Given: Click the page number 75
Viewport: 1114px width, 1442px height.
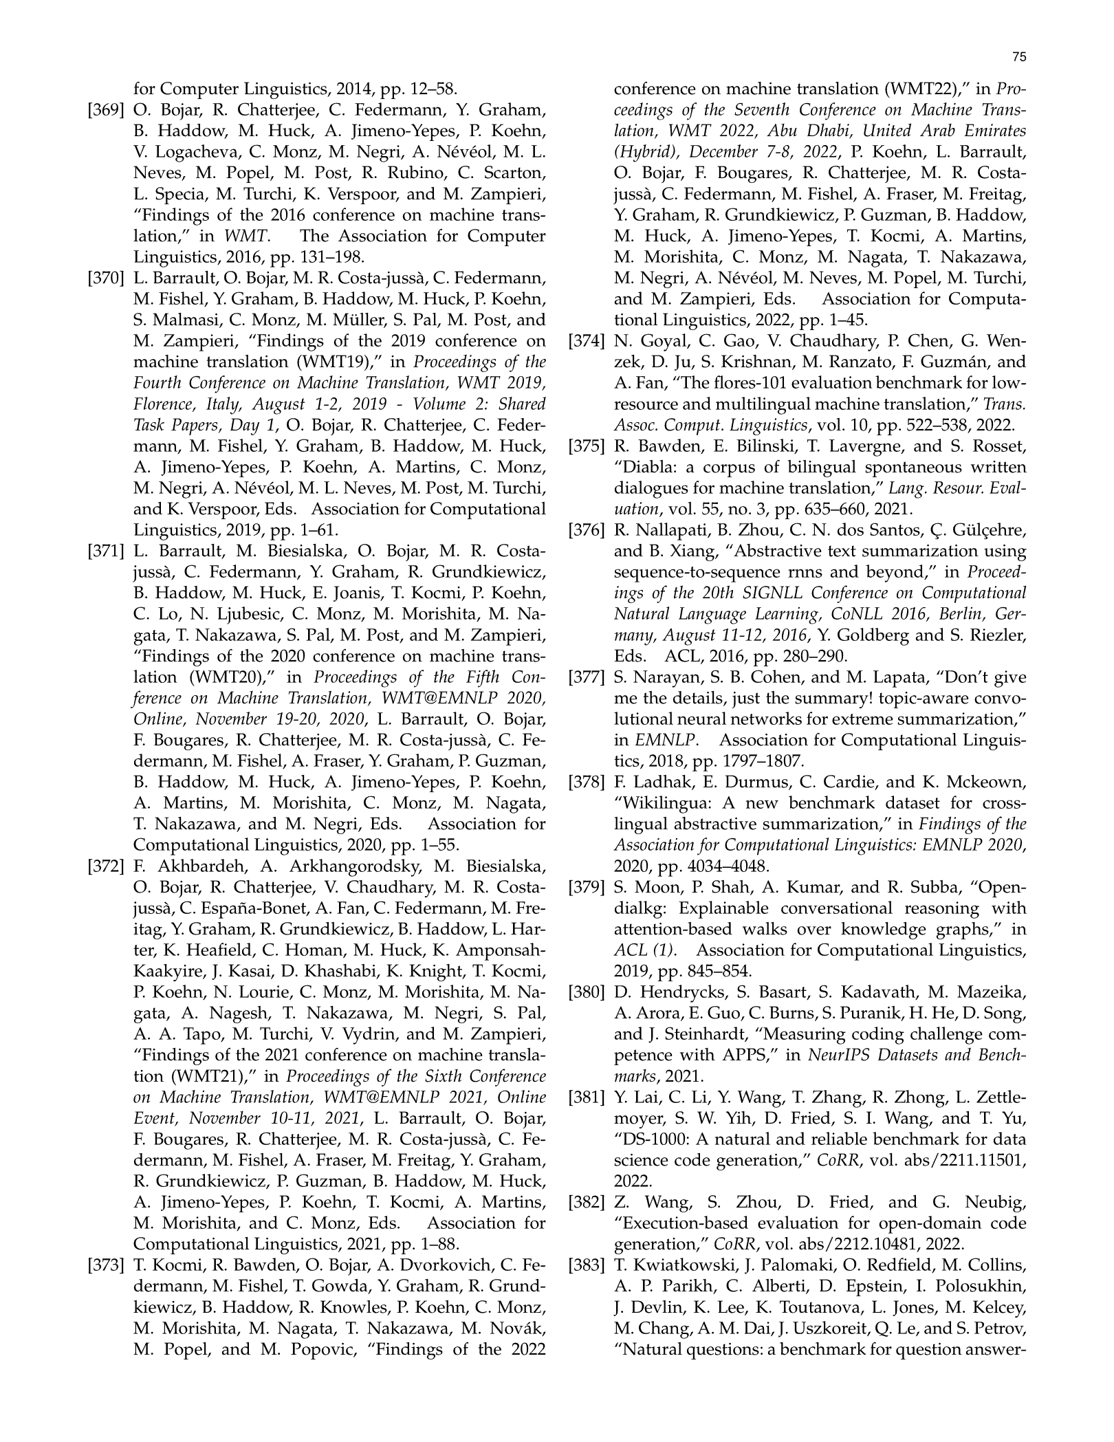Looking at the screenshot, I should click(x=1020, y=58).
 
